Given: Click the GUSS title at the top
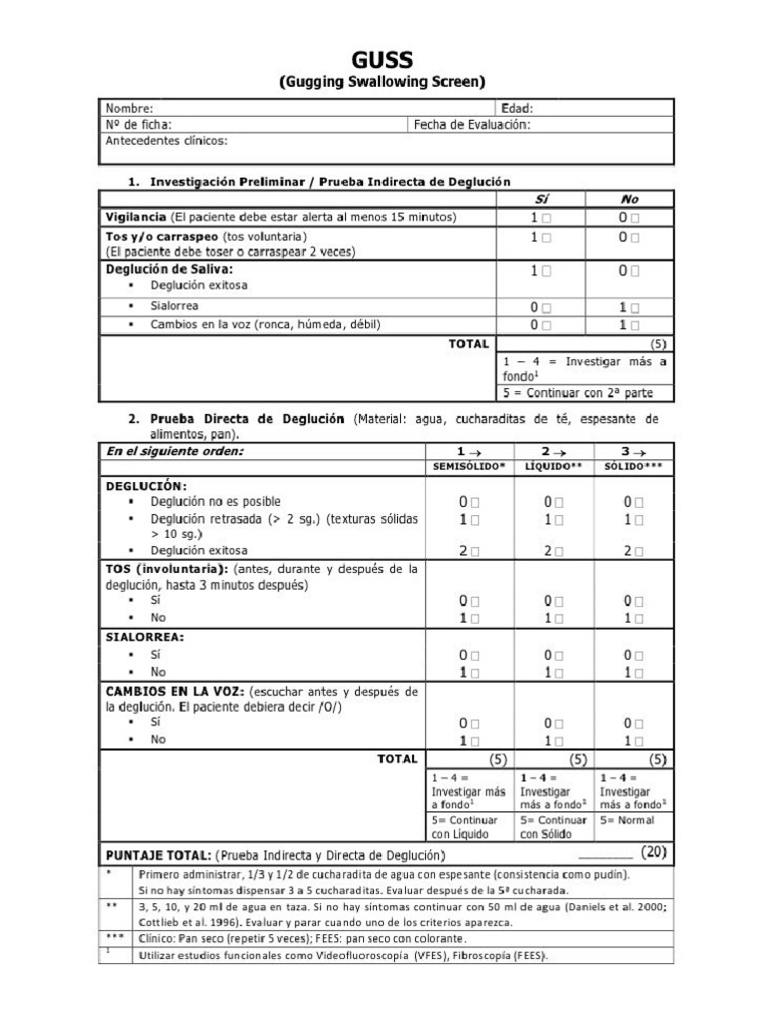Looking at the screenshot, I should tap(382, 61).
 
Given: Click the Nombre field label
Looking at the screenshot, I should tap(130, 108).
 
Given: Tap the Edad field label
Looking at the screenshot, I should tap(517, 108).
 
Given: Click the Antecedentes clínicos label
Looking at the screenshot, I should tap(167, 141).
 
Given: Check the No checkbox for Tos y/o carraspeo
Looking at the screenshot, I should tap(635, 238).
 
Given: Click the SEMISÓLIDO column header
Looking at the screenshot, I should tap(469, 467).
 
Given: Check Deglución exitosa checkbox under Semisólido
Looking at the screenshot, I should tap(475, 551).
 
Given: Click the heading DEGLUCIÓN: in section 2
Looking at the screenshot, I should tap(146, 485).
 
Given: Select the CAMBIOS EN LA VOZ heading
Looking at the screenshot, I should tap(176, 691).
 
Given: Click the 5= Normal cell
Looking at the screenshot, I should tap(627, 820).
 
